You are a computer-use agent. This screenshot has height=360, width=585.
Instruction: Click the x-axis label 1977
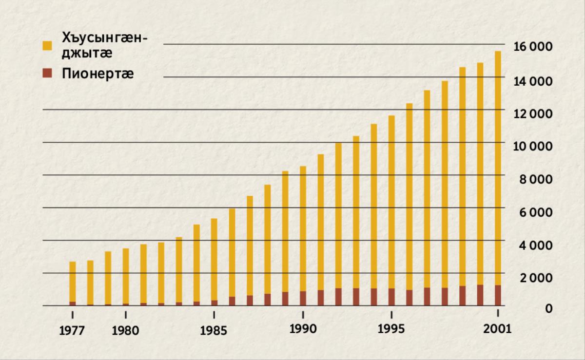[72, 331]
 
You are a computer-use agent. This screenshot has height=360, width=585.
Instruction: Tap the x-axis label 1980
[125, 331]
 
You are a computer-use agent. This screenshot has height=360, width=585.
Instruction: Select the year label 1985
[214, 331]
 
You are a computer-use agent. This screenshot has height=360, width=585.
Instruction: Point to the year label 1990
[303, 329]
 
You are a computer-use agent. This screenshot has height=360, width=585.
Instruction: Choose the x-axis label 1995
[391, 329]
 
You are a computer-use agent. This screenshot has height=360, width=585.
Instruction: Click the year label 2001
[498, 329]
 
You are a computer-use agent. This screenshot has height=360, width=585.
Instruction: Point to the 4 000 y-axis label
[535, 244]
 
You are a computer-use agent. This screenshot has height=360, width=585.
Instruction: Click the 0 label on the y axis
[549, 309]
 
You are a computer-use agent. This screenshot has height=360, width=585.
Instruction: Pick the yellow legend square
[47, 46]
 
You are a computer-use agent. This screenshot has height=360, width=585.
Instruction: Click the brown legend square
[47, 74]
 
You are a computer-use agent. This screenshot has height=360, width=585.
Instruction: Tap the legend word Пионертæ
[97, 74]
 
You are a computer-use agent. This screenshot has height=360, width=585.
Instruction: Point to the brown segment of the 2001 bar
[498, 295]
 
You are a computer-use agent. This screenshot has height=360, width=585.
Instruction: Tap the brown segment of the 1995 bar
[391, 297]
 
